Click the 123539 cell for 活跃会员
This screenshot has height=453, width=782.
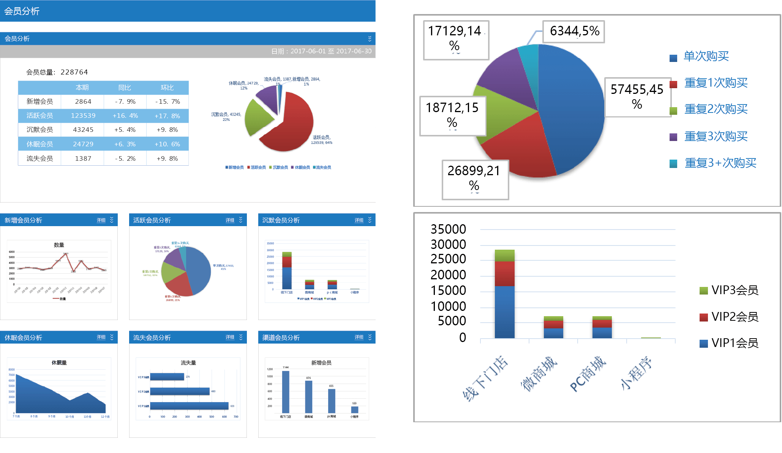point(83,116)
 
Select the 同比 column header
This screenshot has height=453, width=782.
point(125,87)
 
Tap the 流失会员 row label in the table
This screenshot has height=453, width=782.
point(39,158)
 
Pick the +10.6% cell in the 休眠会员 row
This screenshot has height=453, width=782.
point(167,144)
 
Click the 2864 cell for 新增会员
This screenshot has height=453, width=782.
point(83,101)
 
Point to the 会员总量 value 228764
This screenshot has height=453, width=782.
point(74,72)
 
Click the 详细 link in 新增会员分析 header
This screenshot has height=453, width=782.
point(101,220)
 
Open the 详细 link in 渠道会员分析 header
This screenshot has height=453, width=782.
point(359,337)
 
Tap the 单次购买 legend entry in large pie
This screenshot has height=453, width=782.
point(706,56)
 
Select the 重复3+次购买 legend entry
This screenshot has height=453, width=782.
point(720,163)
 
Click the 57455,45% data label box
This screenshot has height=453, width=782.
point(637,97)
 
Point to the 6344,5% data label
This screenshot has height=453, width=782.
point(574,31)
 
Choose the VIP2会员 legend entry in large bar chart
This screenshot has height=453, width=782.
point(734,317)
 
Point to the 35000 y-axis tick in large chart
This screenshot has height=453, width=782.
point(448,229)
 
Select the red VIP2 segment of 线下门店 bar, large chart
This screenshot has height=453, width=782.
point(505,274)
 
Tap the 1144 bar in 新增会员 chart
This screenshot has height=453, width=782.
point(286,391)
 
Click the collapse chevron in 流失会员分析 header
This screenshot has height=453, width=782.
point(241,337)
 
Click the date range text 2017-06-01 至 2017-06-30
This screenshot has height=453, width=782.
point(331,51)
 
